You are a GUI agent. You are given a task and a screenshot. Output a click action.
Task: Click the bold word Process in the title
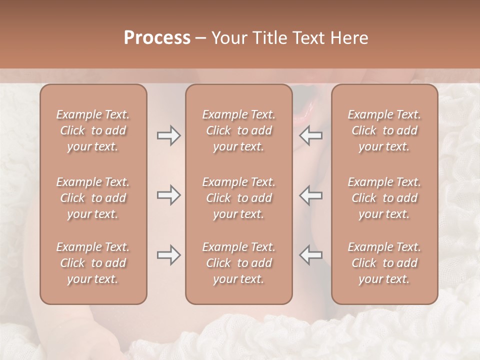[157, 38]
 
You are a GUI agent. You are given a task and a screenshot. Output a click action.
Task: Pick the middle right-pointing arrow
[168, 195]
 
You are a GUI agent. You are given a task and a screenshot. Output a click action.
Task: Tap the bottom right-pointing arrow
[168, 255]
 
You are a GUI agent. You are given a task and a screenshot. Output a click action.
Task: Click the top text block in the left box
[93, 130]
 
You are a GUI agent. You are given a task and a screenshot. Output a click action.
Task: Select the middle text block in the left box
[93, 198]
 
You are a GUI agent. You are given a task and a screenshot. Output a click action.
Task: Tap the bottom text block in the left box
[93, 263]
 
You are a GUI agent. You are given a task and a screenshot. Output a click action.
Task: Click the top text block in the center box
[239, 130]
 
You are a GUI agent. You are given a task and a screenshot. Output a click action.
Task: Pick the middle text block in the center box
[239, 198]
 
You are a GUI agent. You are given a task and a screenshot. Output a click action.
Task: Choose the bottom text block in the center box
[239, 263]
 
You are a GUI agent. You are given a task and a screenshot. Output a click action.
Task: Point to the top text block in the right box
[384, 130]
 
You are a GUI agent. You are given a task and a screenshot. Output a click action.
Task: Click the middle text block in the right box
[384, 198]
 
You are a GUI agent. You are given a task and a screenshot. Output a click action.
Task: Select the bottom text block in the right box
[384, 263]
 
